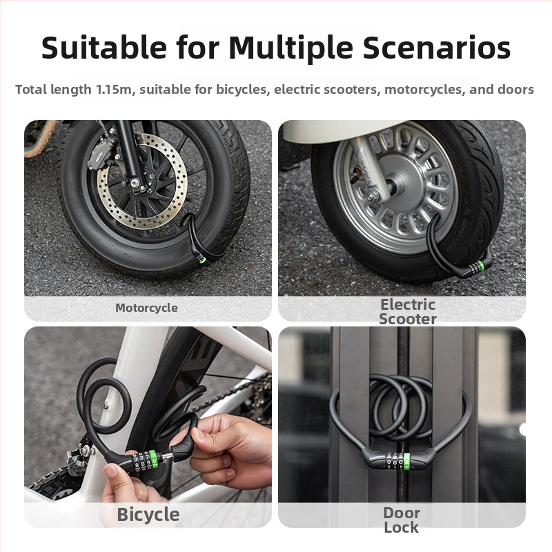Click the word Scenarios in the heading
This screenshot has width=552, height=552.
[437, 48]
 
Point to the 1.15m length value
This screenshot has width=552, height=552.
[114, 90]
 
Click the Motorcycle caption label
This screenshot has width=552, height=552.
[146, 308]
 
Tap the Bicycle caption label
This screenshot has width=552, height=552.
[148, 515]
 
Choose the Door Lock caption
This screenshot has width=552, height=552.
[402, 520]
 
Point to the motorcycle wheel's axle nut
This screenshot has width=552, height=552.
[135, 183]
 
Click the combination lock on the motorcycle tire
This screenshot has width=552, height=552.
[199, 257]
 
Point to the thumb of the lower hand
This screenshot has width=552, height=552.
[113, 473]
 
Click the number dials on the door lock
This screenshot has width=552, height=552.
[398, 461]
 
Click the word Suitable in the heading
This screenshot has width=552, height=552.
[104, 48]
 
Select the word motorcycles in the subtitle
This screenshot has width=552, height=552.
[423, 90]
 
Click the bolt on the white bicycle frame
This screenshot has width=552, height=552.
[106, 405]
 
